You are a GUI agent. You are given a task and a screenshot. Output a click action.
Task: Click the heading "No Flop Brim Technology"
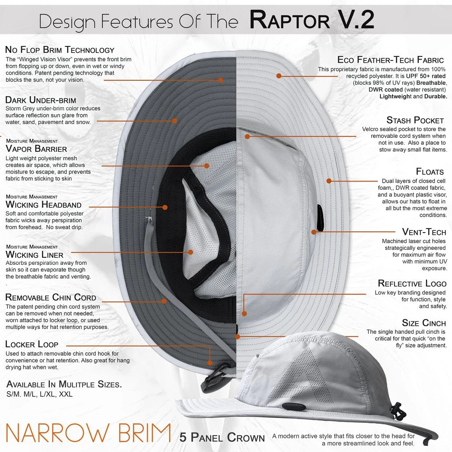click(x=60, y=50)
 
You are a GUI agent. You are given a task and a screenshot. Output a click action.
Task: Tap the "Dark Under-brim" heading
click(x=41, y=100)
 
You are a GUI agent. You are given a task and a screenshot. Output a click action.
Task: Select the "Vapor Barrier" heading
click(x=36, y=149)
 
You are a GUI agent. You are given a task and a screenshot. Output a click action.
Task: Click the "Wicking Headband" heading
click(x=43, y=204)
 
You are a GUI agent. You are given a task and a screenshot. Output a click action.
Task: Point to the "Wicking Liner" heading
click(x=34, y=255)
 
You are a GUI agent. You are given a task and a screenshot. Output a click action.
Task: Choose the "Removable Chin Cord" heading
click(x=51, y=298)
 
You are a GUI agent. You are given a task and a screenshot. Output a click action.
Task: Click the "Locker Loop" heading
click(x=32, y=344)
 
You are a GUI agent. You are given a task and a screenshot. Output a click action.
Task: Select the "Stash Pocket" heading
click(x=415, y=120)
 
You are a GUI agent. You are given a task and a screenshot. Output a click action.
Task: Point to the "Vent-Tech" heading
click(x=424, y=232)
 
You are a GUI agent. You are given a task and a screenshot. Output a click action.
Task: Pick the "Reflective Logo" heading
click(x=412, y=283)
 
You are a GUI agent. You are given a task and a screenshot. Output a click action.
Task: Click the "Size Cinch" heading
click(x=424, y=323)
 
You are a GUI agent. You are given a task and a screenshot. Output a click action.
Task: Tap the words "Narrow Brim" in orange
click(x=88, y=433)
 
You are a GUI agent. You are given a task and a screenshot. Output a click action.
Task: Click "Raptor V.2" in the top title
click(x=312, y=20)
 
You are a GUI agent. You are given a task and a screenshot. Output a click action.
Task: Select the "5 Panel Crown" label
click(x=222, y=437)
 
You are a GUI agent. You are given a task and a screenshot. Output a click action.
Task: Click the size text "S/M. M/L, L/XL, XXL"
click(x=39, y=394)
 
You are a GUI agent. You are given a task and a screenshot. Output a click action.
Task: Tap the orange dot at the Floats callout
click(x=328, y=181)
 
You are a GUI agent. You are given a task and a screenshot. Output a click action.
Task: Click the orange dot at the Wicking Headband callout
click(x=165, y=207)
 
